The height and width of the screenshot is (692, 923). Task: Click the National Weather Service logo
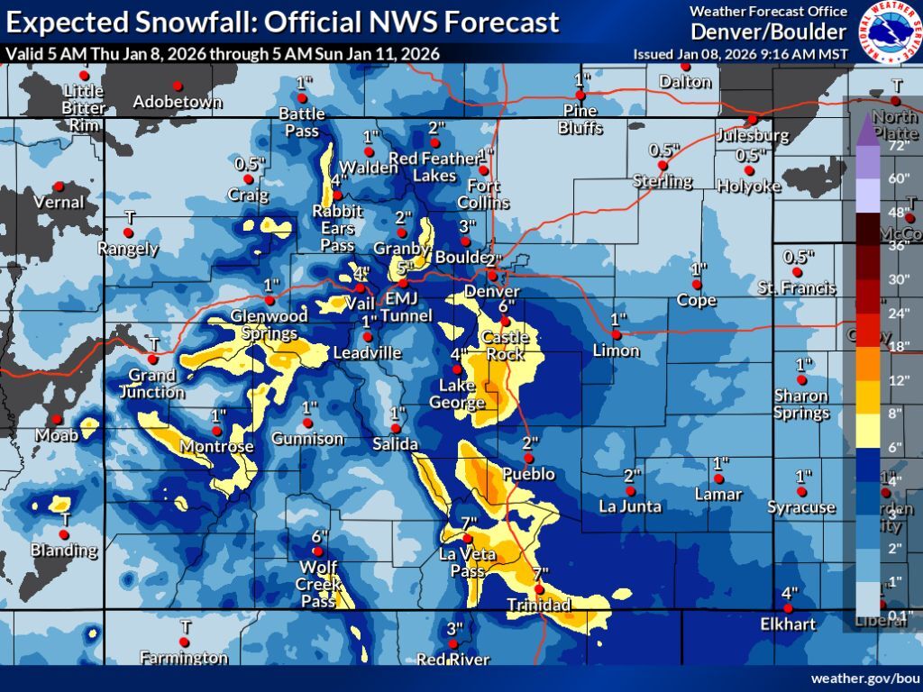[x=891, y=32]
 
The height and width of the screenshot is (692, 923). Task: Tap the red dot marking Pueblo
[x=529, y=459]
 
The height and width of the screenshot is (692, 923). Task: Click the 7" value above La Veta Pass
[x=468, y=524]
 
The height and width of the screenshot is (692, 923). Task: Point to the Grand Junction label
[x=152, y=383]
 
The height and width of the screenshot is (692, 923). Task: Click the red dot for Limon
[x=617, y=334]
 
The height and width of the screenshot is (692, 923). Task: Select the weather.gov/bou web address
[x=864, y=678]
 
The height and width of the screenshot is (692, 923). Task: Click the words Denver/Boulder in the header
[x=769, y=32]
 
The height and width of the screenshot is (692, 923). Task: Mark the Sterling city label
[x=662, y=181]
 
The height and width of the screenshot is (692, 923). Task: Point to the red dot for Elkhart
[x=789, y=609]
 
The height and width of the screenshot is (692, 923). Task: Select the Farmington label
[x=185, y=657]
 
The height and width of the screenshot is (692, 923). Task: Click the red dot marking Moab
[x=56, y=419]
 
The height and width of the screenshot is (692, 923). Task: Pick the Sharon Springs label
[x=801, y=405]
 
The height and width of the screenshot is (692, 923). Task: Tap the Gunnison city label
[x=308, y=439]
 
